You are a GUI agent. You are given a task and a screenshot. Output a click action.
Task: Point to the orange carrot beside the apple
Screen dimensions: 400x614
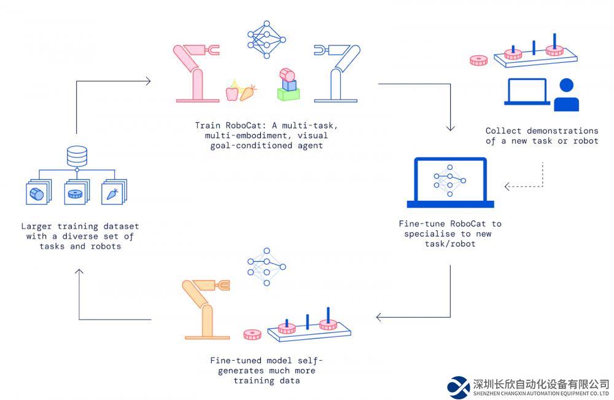247,93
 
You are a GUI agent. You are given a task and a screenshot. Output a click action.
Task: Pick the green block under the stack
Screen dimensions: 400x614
288,94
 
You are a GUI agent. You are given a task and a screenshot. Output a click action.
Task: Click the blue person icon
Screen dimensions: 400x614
566,96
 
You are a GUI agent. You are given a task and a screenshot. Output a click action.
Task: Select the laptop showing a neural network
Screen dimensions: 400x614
450,181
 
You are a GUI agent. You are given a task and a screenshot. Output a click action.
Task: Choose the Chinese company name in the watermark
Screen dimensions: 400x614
540,383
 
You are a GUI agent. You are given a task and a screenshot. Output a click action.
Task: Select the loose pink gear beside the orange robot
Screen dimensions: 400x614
252,335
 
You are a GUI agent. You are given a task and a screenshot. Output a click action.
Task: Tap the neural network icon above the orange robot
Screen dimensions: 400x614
266,266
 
